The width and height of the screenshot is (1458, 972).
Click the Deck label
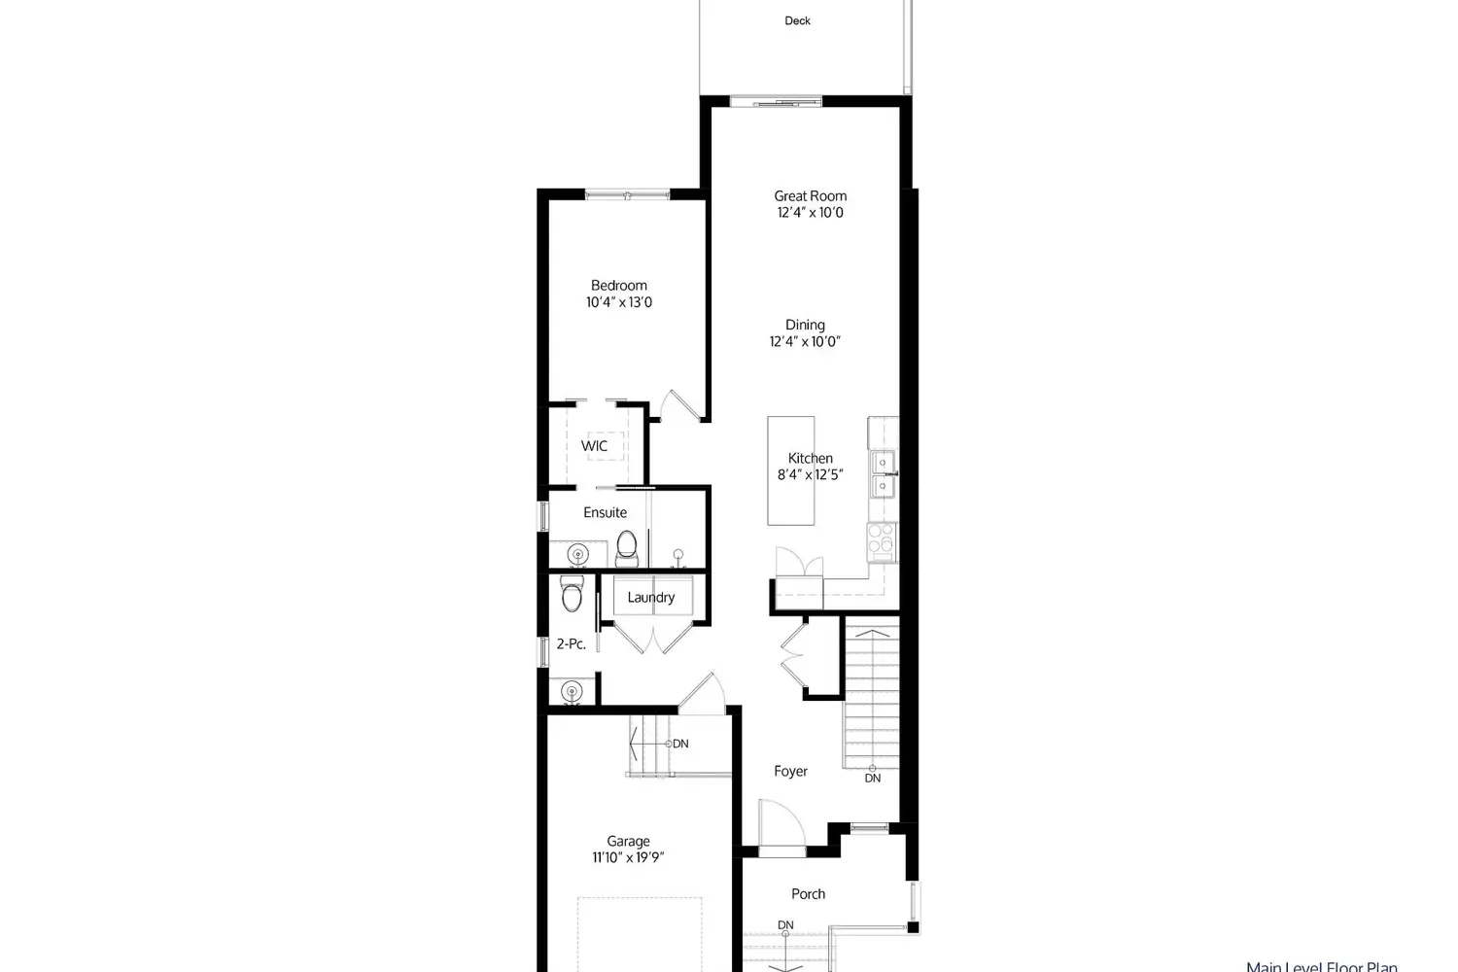(x=797, y=20)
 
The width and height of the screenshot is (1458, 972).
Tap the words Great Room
(x=810, y=195)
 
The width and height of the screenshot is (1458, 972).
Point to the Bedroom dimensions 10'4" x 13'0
(x=619, y=302)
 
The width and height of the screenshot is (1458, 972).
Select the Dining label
(x=805, y=325)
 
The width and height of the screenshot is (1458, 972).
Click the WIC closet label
(x=594, y=446)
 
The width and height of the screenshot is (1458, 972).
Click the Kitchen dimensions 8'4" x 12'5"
(x=810, y=475)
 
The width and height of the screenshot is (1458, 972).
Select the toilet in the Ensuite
(x=626, y=546)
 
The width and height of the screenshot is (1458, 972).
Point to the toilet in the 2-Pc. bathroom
(x=572, y=593)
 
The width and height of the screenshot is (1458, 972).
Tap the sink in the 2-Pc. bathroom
(x=571, y=692)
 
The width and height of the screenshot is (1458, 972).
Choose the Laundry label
(x=650, y=597)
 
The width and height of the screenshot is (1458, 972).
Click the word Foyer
(x=790, y=771)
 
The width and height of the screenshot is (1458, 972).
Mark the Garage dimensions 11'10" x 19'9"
(x=628, y=857)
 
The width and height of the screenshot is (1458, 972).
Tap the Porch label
(x=808, y=893)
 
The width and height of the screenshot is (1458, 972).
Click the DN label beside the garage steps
(x=680, y=744)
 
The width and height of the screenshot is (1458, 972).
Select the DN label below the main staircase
(x=873, y=778)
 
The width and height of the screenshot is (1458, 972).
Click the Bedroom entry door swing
(x=680, y=405)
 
